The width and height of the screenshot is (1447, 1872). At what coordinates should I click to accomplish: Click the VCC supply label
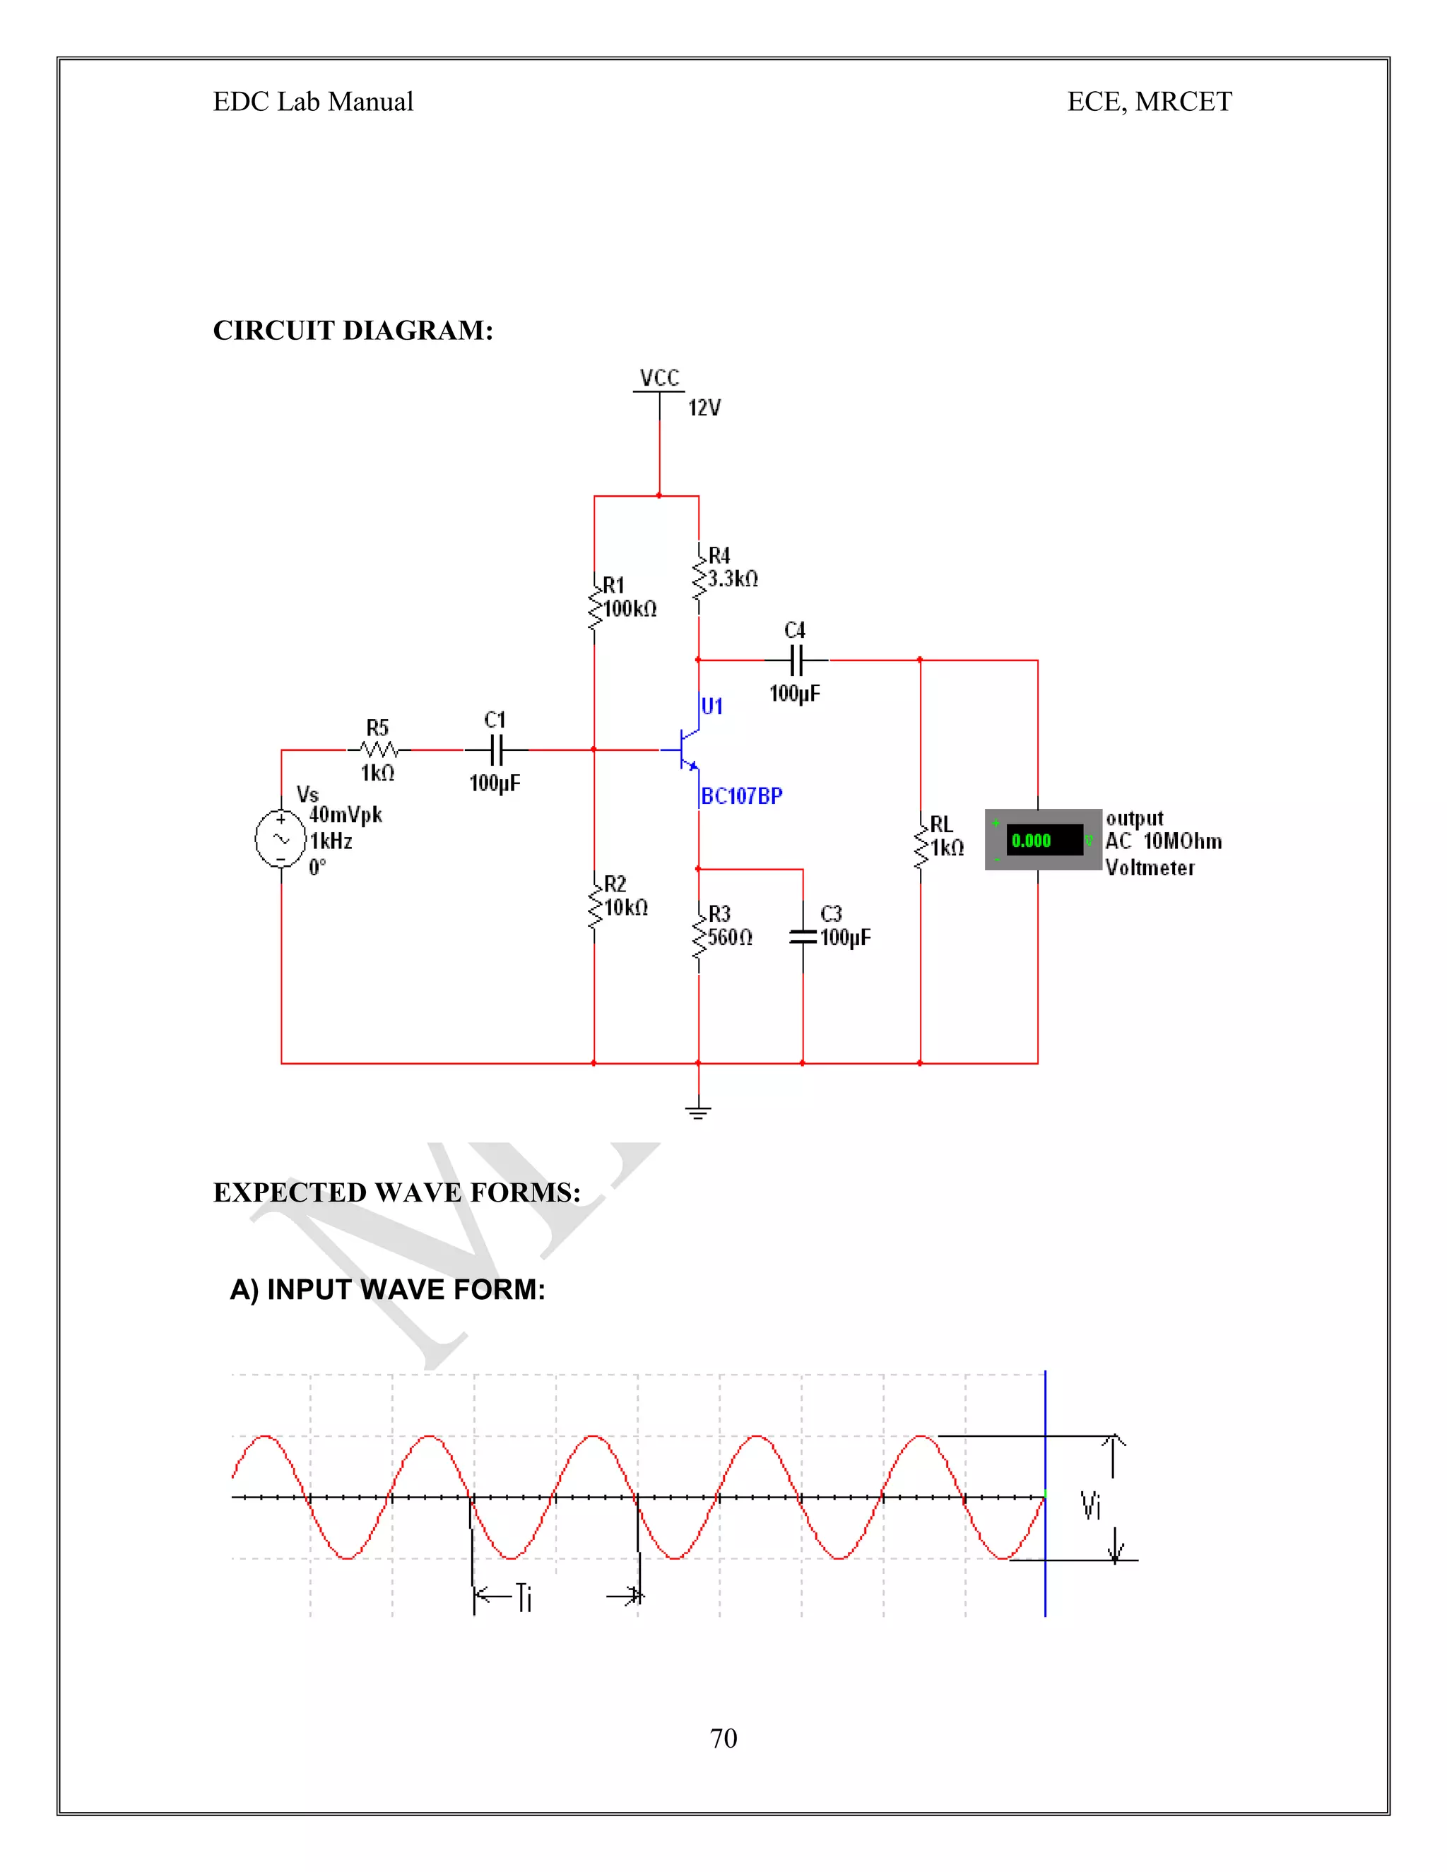tap(659, 378)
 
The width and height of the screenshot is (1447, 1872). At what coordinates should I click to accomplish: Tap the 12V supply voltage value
tap(704, 408)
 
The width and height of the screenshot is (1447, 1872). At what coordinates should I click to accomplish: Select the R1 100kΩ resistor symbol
tap(594, 604)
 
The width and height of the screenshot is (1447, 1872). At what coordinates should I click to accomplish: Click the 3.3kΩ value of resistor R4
tap(733, 579)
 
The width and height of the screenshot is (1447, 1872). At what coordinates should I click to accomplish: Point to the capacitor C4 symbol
tap(796, 660)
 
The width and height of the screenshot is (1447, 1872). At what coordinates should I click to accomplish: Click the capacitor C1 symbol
tap(496, 750)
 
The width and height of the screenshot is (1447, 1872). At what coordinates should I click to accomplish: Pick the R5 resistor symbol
tap(379, 750)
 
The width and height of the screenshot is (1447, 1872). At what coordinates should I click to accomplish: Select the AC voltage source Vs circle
tap(281, 839)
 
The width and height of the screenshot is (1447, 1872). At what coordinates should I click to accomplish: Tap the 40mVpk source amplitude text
tap(345, 815)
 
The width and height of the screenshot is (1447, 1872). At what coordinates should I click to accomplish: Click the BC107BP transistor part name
tap(741, 796)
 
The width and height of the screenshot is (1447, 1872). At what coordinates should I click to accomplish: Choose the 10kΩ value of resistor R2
tap(627, 908)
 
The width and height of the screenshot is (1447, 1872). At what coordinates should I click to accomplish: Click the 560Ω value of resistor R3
tap(731, 937)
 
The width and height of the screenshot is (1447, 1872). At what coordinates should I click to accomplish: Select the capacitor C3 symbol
tap(803, 937)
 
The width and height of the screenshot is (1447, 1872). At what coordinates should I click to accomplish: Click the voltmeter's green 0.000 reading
tap(1032, 841)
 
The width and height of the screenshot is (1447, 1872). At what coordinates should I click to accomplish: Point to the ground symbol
tap(699, 1113)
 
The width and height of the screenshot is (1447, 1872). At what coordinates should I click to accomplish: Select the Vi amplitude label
tap(1090, 1506)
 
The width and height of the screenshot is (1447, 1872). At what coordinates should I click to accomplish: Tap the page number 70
tap(723, 1738)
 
